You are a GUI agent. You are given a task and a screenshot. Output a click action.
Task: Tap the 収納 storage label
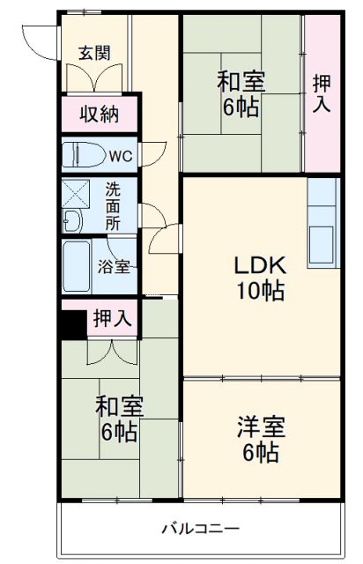pyautogui.click(x=100, y=113)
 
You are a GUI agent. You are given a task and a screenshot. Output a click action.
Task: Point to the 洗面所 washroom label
pyautogui.click(x=114, y=206)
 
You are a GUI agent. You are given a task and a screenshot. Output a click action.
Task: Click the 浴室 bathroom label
pyautogui.click(x=113, y=265)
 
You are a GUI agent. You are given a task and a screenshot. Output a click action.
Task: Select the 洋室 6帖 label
pyautogui.click(x=260, y=440)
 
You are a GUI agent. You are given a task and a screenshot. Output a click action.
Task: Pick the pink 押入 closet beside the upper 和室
pyautogui.click(x=322, y=93)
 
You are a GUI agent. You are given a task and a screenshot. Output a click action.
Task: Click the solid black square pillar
pyautogui.click(x=72, y=320)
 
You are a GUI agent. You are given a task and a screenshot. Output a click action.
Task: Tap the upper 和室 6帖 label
pyautogui.click(x=241, y=94)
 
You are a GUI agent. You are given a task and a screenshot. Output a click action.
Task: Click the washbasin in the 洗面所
pyautogui.click(x=74, y=221)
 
